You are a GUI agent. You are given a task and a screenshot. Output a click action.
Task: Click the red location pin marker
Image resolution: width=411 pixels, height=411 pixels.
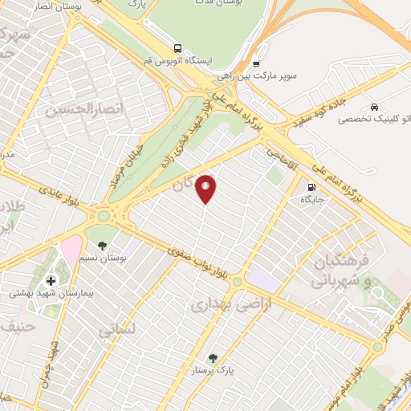click(206, 188)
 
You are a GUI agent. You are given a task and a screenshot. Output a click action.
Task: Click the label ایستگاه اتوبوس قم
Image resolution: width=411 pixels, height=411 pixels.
click(181, 62)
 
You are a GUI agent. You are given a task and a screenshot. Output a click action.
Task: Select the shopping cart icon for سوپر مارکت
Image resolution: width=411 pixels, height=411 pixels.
click(255, 64)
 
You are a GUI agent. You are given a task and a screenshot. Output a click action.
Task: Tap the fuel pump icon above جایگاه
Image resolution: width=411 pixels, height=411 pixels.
click(310, 189)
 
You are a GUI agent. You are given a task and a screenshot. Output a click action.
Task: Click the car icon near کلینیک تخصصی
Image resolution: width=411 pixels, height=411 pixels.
click(374, 106)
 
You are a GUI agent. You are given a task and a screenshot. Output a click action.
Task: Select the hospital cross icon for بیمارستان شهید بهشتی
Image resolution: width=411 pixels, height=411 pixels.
click(51, 280)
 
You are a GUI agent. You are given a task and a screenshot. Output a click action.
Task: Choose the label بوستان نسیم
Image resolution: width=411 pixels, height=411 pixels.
click(102, 257)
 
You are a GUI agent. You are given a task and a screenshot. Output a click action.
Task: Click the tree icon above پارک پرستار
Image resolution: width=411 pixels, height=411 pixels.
click(212, 358)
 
